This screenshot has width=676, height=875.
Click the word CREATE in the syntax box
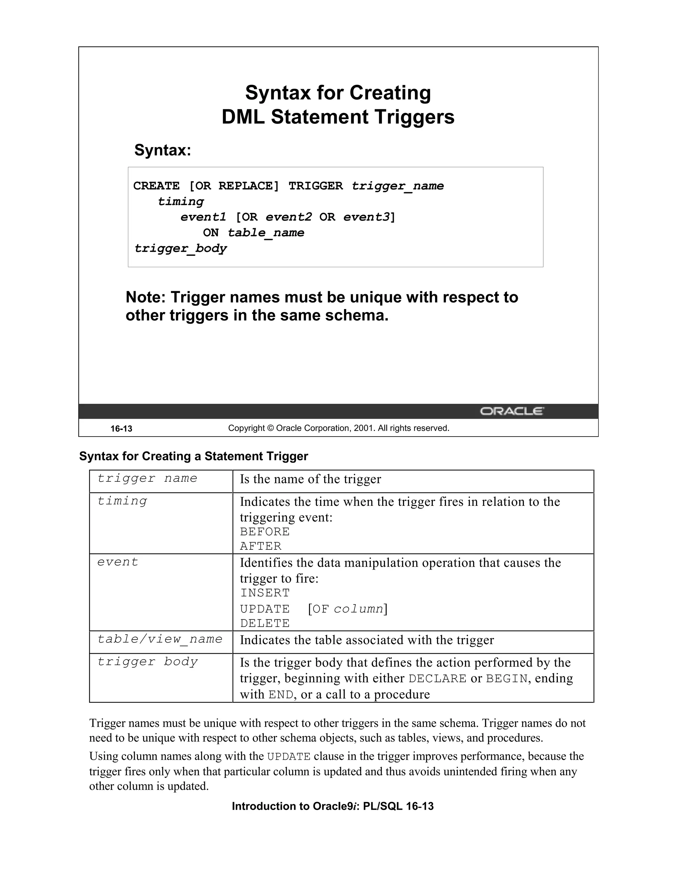point(156,186)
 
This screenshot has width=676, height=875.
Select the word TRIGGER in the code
point(316,186)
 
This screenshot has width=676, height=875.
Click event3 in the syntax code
point(366,217)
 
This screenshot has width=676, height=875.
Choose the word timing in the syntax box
point(181,201)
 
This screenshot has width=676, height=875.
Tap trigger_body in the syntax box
point(180,248)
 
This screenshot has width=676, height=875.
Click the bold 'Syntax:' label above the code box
point(163,150)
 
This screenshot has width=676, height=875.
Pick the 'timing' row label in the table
point(122,501)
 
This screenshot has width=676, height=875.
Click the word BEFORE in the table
point(265,532)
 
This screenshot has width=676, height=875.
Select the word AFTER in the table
point(261,546)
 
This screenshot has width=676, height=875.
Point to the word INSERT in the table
point(265,593)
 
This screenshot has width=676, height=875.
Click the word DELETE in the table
point(265,623)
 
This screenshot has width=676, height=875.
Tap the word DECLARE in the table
point(437,679)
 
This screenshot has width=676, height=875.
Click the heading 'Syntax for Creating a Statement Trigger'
point(193,456)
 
